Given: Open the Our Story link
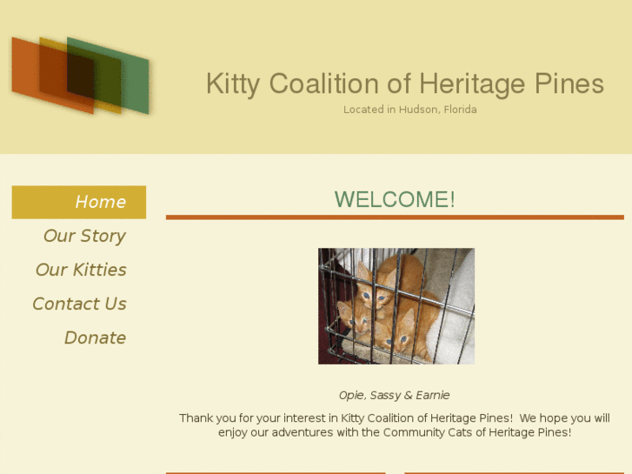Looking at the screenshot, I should (x=84, y=236).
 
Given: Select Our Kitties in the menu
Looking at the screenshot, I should (x=81, y=270).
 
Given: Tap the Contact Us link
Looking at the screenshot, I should (x=79, y=304).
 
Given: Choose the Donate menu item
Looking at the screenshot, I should (x=95, y=337).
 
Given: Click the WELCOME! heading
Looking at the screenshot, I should (x=395, y=199).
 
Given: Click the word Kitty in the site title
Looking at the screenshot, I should (x=233, y=84).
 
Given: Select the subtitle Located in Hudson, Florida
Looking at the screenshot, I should (x=410, y=110).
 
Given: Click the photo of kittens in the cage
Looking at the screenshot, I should (x=396, y=305).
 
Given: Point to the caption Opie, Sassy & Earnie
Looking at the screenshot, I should (x=395, y=396).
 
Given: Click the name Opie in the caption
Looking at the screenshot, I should (x=350, y=396).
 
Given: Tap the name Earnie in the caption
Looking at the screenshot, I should (x=432, y=396).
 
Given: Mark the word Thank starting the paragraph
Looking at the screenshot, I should (x=196, y=418).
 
